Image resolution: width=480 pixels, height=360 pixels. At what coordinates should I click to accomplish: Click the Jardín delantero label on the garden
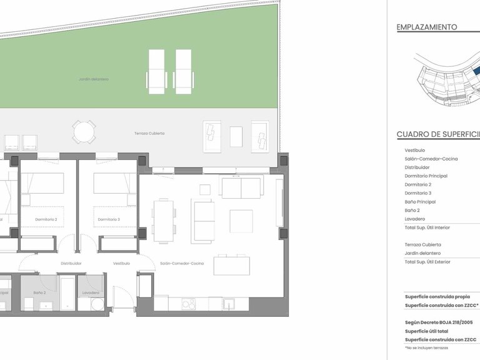94,79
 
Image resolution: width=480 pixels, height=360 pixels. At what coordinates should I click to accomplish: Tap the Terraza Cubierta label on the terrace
149,133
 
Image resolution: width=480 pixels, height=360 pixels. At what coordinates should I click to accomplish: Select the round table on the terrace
84,132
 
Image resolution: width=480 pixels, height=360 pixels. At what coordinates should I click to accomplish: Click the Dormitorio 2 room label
46,219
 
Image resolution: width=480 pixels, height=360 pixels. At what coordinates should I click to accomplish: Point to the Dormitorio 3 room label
109,219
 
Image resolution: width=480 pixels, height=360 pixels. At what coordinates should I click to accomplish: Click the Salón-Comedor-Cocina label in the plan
182,263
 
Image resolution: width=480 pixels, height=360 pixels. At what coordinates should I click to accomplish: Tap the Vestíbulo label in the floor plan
121,263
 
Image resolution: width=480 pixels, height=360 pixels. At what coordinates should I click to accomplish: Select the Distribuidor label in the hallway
71,263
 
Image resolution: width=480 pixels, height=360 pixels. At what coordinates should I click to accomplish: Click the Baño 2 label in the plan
40,292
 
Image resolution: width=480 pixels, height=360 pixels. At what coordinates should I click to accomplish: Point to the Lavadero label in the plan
91,292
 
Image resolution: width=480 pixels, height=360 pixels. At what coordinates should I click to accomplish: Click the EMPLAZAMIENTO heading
427,27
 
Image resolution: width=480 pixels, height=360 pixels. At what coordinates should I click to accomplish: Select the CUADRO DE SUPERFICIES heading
437,134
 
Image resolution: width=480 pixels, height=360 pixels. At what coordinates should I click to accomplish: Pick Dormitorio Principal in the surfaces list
426,176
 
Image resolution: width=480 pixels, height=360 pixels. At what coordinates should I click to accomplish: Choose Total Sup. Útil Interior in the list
427,227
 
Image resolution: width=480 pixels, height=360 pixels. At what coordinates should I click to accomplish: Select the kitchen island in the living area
232,265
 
